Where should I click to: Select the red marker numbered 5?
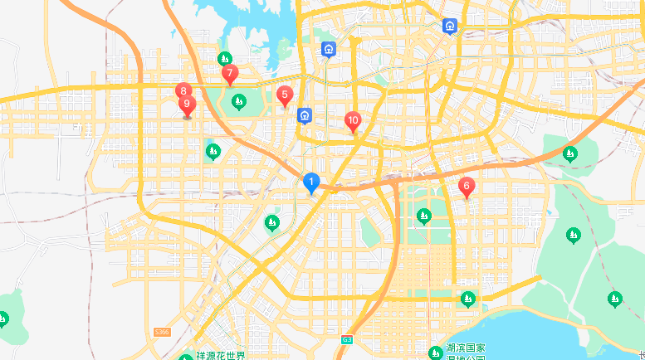(285, 95)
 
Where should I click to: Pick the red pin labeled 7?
(230, 75)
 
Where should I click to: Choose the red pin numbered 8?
(183, 91)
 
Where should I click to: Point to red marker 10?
(353, 121)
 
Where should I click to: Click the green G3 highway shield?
(347, 339)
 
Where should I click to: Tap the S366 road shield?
(162, 332)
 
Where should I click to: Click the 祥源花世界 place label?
(221, 356)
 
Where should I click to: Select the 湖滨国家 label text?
(465, 348)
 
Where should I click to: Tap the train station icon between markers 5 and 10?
(305, 114)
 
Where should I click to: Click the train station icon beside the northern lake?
(330, 49)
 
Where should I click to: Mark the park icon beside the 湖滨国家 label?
(435, 353)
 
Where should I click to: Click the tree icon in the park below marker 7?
(239, 102)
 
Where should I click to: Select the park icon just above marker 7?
(224, 59)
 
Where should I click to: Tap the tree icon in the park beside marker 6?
(423, 216)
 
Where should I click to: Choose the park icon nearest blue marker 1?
(271, 222)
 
